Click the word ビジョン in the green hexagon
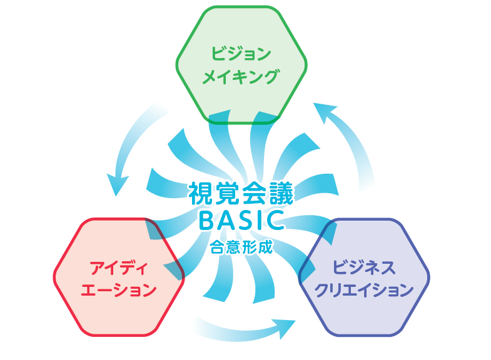tap(241, 54)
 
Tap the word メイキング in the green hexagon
tap(240, 77)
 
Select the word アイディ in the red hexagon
tap(119, 268)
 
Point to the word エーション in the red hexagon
tap(119, 289)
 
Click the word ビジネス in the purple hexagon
tap(364, 267)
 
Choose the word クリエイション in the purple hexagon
tap(364, 290)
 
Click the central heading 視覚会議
tap(241, 194)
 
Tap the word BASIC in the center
tap(241, 220)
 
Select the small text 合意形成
tap(241, 247)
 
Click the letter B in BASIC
tap(206, 220)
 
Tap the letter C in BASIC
tap(276, 220)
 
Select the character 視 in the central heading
tap(200, 194)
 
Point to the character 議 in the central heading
tap(282, 194)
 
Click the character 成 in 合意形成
tap(266, 247)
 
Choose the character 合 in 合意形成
tap(217, 247)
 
